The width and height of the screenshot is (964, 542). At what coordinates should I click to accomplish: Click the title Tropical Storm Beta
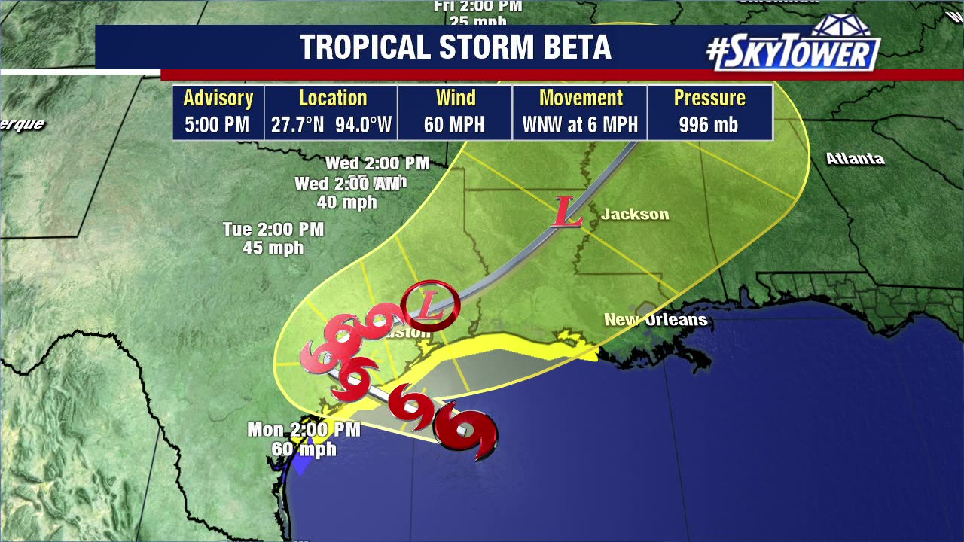click(x=455, y=47)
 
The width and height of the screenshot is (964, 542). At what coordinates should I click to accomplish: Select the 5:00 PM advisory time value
click(x=217, y=125)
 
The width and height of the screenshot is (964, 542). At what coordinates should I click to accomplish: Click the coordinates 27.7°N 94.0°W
click(x=331, y=125)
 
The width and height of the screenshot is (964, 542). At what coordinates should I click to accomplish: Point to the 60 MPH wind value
click(x=454, y=125)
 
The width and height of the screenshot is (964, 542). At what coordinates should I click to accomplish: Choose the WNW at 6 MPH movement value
click(x=580, y=125)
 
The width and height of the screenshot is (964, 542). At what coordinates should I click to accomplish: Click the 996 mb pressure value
click(x=708, y=125)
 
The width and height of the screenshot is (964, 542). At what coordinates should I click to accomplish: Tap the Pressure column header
click(x=709, y=98)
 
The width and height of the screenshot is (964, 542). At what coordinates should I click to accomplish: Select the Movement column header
click(x=581, y=98)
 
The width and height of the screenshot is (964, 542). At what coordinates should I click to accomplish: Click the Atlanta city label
click(x=855, y=159)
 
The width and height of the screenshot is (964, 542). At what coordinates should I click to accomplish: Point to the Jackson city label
click(x=635, y=215)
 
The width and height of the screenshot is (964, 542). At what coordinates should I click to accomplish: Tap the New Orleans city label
click(x=655, y=320)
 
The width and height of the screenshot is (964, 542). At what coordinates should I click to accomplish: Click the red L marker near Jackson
click(x=567, y=212)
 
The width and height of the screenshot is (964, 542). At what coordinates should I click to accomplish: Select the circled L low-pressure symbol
click(x=430, y=305)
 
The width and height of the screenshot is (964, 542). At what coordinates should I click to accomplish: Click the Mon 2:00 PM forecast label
click(x=304, y=430)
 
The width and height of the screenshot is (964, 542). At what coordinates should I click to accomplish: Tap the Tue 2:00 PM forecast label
click(x=273, y=229)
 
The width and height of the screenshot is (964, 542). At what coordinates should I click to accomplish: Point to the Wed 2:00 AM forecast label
click(x=347, y=184)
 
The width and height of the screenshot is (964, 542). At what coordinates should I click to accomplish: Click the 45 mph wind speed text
click(x=273, y=248)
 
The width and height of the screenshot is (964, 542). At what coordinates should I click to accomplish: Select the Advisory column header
click(x=218, y=98)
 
